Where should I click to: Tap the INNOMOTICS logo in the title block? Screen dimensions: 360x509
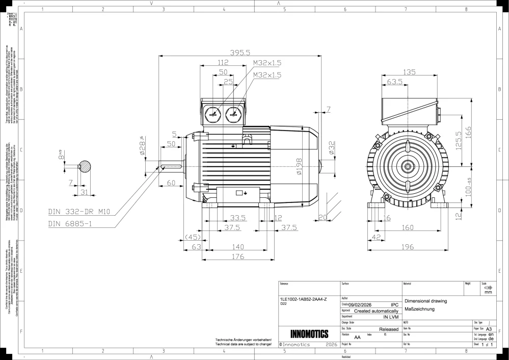[309, 334]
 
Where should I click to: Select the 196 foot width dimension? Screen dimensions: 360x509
[406, 248]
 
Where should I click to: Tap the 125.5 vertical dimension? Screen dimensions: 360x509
[459, 141]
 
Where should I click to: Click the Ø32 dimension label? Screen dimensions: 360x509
[332, 148]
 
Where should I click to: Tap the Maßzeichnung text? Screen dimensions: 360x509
[418, 309]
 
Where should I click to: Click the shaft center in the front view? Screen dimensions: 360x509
[407, 166]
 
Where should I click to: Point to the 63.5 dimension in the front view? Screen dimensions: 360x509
[395, 82]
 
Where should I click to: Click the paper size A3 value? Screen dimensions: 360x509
[489, 329]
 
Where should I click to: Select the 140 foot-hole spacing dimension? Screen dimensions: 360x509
[238, 247]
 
